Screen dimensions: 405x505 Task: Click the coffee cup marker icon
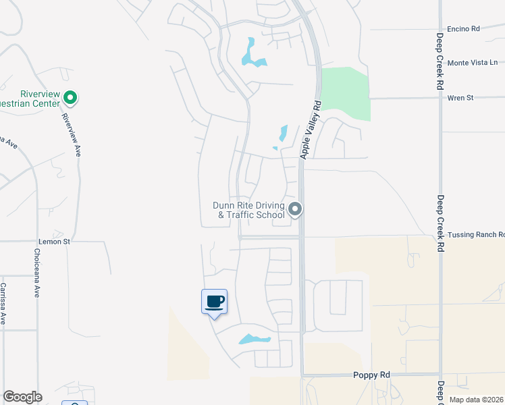tap(214, 302)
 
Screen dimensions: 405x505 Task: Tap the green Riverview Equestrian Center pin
tap(70, 99)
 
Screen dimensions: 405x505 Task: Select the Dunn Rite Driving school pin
tap(294, 210)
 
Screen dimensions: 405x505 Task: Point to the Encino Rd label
tap(463, 29)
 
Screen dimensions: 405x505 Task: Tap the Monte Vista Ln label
tap(472, 62)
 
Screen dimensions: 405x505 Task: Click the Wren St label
tap(460, 98)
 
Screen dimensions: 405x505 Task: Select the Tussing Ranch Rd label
tap(475, 235)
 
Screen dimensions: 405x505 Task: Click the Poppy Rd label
tap(371, 375)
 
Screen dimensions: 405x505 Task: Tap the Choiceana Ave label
tap(36, 273)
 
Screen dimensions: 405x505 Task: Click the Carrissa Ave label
tap(3, 304)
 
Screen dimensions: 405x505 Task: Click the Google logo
tap(22, 397)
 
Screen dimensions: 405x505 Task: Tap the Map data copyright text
tap(475, 400)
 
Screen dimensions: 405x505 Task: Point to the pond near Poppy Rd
tap(254, 339)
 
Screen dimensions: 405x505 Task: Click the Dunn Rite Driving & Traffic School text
tap(248, 210)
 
